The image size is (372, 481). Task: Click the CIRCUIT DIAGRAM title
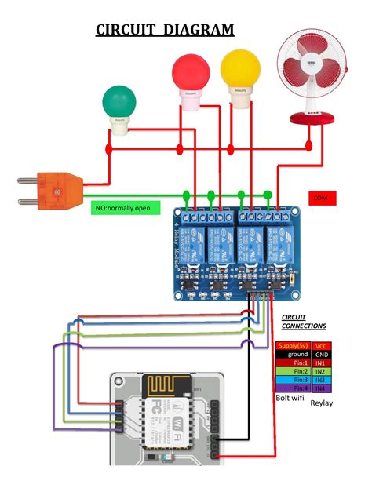coord(165,30)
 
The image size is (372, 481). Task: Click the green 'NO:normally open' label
coord(126,208)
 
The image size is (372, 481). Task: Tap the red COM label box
coord(321,199)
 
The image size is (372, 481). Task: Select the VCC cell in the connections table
coord(321,345)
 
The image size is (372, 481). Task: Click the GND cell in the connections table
coord(321,355)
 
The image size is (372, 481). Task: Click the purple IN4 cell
coord(321,388)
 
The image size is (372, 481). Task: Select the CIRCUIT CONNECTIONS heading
coord(304,321)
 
